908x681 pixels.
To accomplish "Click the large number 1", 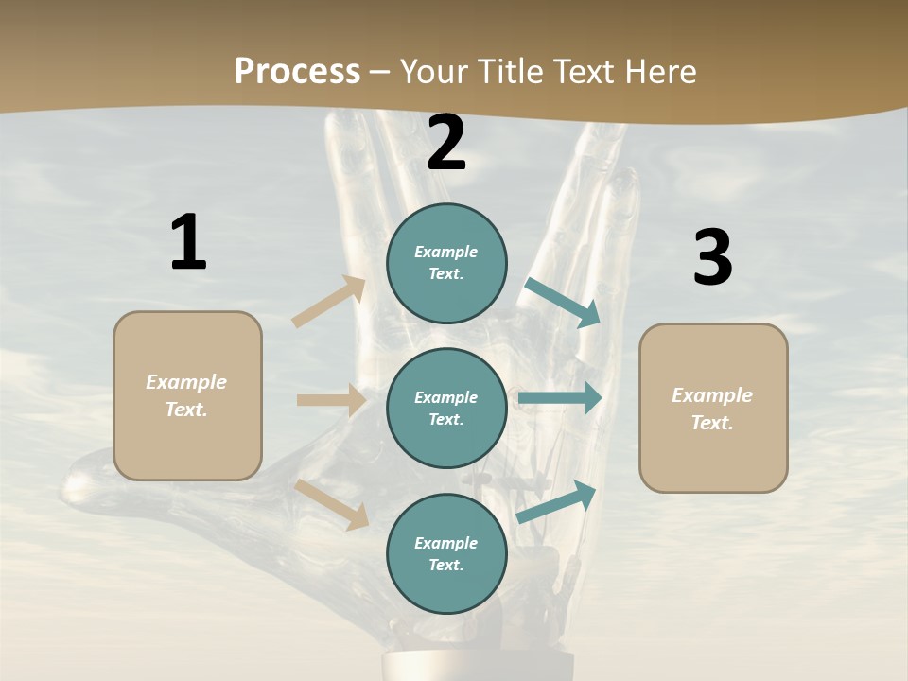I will (x=188, y=243).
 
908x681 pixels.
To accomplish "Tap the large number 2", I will (x=446, y=144).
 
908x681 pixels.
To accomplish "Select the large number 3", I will (x=712, y=258).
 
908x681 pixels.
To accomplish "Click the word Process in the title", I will (x=297, y=71).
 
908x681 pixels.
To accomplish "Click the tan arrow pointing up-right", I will (x=329, y=302).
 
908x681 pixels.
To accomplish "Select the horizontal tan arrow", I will (x=331, y=400).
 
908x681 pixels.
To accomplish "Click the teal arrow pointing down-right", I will (x=563, y=303).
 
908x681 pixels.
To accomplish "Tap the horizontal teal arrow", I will (x=560, y=398).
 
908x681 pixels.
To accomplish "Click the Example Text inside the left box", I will (x=186, y=395).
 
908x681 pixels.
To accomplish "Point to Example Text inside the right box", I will (x=712, y=409).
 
